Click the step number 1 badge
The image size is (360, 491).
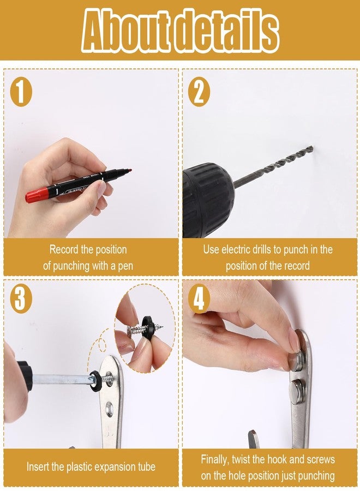click(x=21, y=92)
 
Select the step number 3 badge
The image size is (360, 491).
click(x=21, y=298)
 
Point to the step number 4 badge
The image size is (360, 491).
click(x=199, y=298)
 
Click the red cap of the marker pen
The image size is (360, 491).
click(x=37, y=195)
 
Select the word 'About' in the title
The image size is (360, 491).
click(x=126, y=31)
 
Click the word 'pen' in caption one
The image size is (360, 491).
click(x=125, y=266)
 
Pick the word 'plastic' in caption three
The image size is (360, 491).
click(x=80, y=467)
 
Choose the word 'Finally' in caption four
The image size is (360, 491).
click(x=215, y=460)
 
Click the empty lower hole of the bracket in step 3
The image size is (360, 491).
click(x=109, y=408)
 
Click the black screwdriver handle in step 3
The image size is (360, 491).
click(x=25, y=376)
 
